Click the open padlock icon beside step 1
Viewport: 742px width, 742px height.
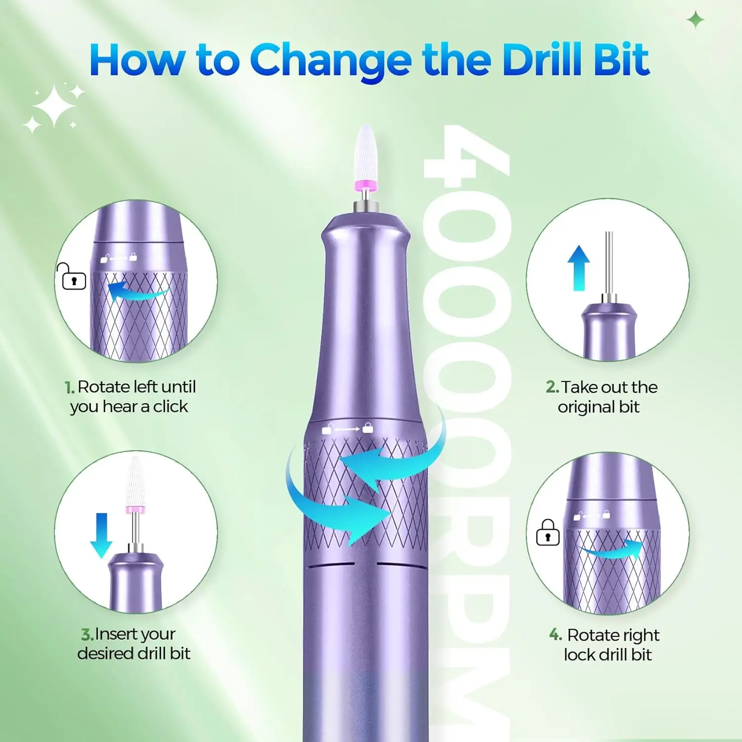[72, 277]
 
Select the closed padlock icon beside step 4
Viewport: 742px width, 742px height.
[548, 533]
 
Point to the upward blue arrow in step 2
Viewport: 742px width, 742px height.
[578, 268]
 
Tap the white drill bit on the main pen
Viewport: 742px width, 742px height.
[366, 153]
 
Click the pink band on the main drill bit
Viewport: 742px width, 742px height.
[366, 185]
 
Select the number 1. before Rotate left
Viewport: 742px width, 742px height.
[69, 387]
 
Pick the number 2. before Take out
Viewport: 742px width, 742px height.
[552, 387]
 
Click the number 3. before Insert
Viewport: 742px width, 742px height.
[87, 634]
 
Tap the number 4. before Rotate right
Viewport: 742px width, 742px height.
[555, 635]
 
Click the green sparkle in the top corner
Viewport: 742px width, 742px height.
[696, 20]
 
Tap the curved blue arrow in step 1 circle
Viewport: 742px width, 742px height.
[136, 292]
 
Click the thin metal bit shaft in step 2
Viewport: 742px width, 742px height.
[609, 262]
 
